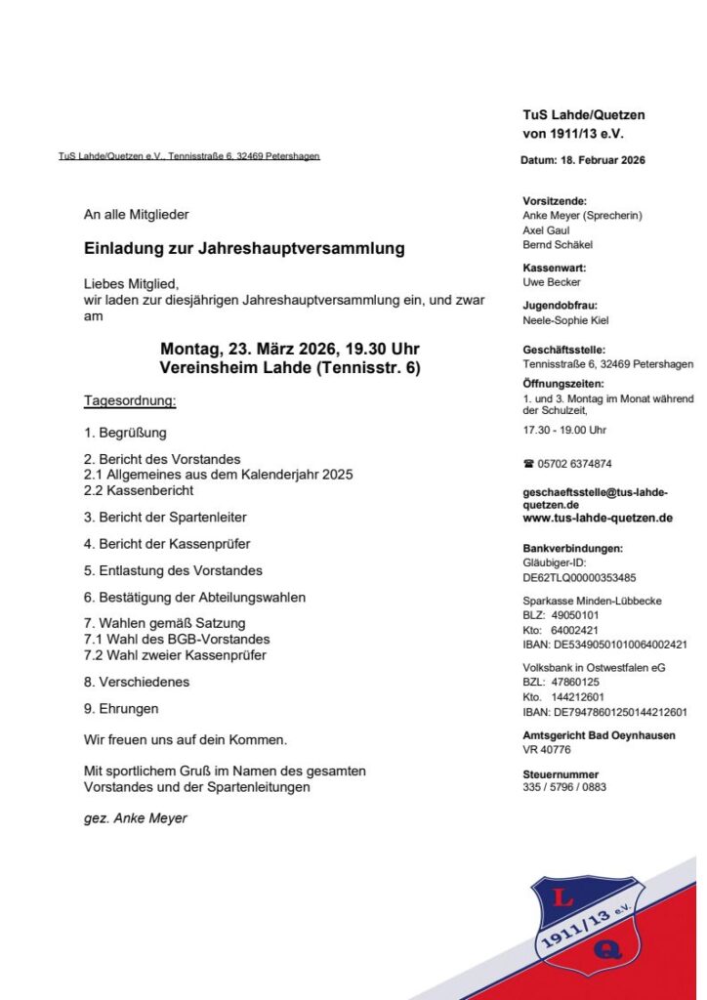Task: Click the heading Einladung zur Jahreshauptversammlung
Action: coord(244,249)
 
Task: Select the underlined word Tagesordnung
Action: coord(130,401)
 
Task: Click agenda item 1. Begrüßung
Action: coord(125,433)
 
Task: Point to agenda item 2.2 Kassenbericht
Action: coord(139,490)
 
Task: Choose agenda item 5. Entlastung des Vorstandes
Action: coord(173,570)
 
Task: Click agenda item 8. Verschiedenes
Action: coord(137,682)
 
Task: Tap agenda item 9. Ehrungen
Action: coord(121,709)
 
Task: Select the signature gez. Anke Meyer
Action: coord(136,818)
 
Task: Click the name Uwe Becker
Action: coord(552,282)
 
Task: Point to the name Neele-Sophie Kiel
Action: coord(566,320)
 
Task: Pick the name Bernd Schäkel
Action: coord(558,245)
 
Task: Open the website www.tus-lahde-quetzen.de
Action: coord(598,519)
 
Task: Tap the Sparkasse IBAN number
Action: coord(605,645)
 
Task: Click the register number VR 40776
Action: coord(548,750)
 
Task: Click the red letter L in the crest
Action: coord(564,899)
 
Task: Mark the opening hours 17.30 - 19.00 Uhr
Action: coord(564,430)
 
